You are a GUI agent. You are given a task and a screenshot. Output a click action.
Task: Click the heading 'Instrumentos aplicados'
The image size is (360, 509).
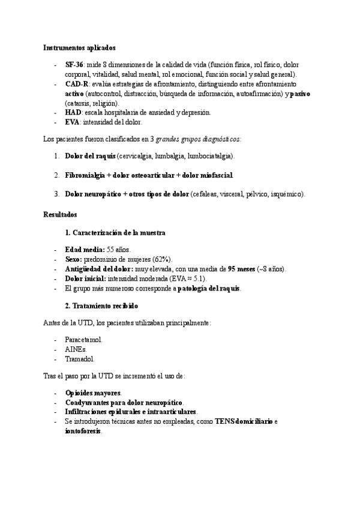tap(80, 47)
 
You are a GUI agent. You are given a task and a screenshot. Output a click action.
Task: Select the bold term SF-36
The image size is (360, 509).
tap(74, 65)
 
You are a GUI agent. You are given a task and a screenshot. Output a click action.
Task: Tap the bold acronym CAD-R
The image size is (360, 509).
tap(76, 85)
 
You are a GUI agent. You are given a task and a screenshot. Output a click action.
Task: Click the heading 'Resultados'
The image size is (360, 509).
tap(60, 214)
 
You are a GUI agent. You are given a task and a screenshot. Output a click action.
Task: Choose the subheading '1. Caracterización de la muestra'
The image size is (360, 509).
tap(115, 232)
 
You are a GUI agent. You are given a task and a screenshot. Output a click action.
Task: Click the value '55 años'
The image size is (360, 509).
tap(118, 250)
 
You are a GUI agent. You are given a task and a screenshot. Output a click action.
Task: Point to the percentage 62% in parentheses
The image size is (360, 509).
tap(161, 259)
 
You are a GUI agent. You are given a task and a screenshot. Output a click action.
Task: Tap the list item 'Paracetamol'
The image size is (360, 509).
tap(83, 340)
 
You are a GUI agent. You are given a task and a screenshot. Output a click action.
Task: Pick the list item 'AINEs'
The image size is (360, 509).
tap(76, 349)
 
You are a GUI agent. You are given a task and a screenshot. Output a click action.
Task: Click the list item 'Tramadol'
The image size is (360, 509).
tap(80, 359)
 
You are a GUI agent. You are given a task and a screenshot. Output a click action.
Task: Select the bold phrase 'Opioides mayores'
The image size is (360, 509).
tap(93, 393)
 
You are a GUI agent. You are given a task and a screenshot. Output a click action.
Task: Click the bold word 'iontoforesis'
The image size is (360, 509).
tap(83, 431)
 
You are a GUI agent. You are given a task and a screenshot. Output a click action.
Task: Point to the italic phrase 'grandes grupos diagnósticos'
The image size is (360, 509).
tap(198, 139)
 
